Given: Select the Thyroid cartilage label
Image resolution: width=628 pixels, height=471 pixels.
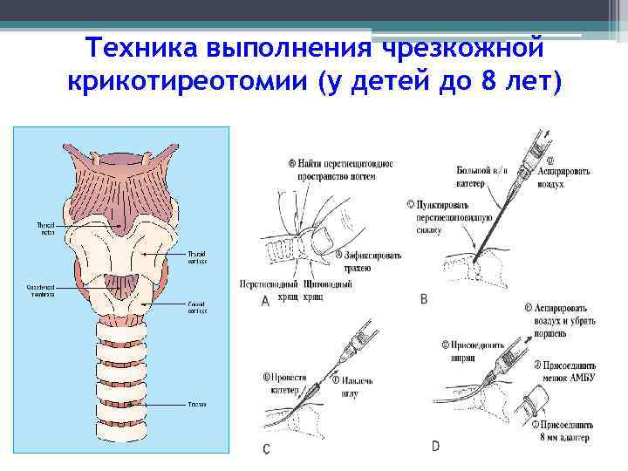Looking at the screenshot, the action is (x=197, y=257).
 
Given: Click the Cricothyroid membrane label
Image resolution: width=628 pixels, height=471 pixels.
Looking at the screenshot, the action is (x=40, y=290).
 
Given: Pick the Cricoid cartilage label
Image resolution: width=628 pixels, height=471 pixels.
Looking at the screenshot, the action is (x=197, y=308).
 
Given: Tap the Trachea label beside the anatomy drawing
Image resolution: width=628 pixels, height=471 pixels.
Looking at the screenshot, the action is (x=195, y=404).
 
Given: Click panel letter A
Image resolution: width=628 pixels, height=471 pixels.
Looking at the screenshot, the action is (x=264, y=301).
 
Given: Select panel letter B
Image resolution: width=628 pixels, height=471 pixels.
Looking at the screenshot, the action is (x=424, y=298).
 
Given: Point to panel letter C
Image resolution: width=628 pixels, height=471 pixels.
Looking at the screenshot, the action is (x=265, y=448).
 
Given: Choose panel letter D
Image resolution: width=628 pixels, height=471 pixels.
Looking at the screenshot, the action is (x=434, y=447).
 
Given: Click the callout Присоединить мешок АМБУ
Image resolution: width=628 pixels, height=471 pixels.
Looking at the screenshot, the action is (x=568, y=371).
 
